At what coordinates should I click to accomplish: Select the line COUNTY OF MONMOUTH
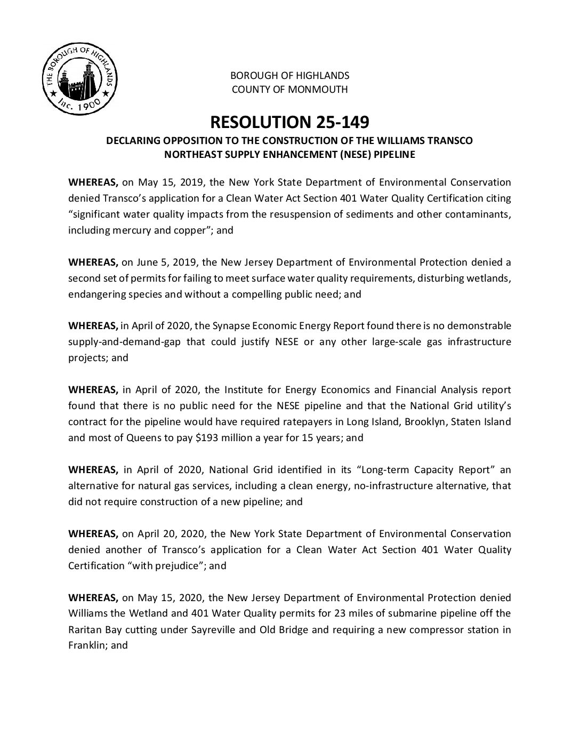[x=289, y=90]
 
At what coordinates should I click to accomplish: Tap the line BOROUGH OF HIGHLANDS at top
[x=289, y=75]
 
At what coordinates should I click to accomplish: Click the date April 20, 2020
[x=168, y=534]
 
